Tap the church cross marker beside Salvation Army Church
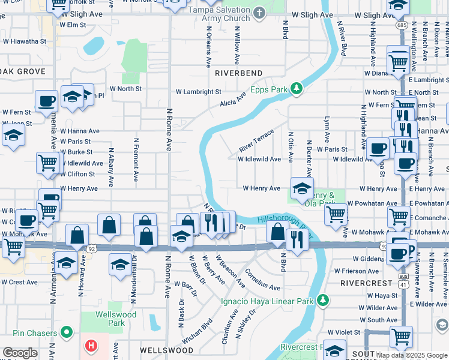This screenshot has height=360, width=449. (x=259, y=13)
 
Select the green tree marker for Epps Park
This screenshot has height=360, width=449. (x=296, y=89)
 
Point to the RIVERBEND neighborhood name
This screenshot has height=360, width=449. (x=238, y=73)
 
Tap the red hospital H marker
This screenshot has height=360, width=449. (x=91, y=346)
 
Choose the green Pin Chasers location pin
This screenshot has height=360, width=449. (x=67, y=332)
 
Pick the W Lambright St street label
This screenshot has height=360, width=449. (x=198, y=92)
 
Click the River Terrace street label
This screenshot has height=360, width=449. (x=256, y=140)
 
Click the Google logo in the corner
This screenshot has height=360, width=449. (x=20, y=353)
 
